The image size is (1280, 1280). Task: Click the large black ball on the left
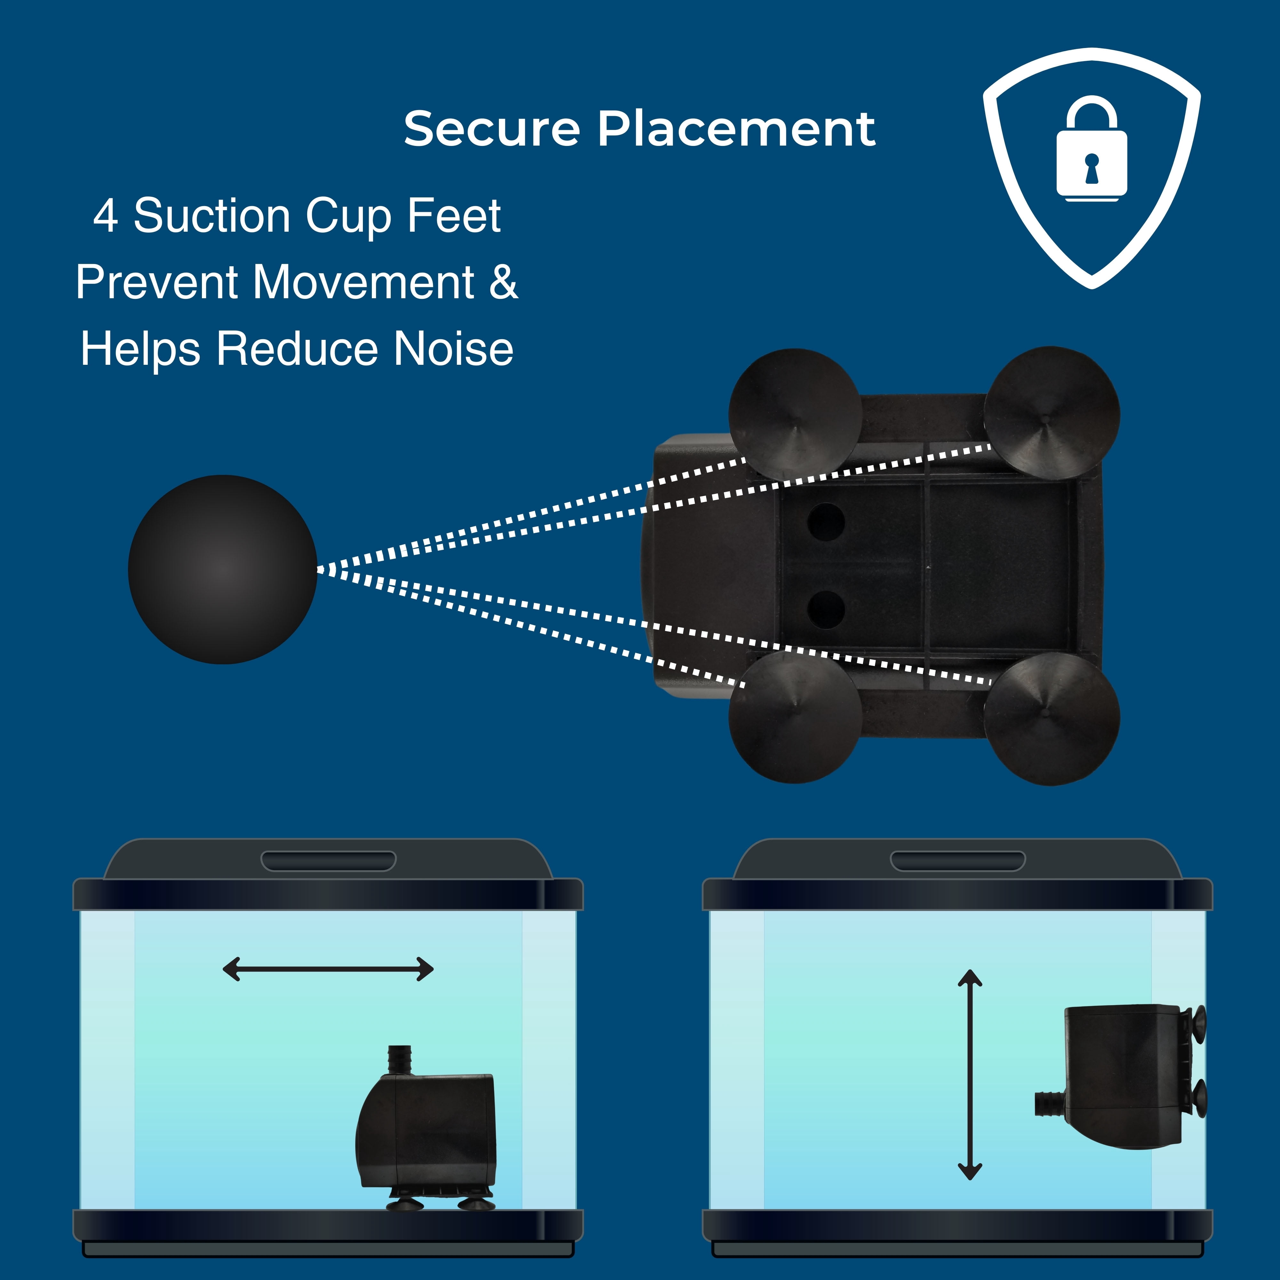pyautogui.click(x=223, y=569)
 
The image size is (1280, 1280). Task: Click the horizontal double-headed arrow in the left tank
pyautogui.click(x=328, y=969)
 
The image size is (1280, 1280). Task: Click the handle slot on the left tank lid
pyautogui.click(x=329, y=861)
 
